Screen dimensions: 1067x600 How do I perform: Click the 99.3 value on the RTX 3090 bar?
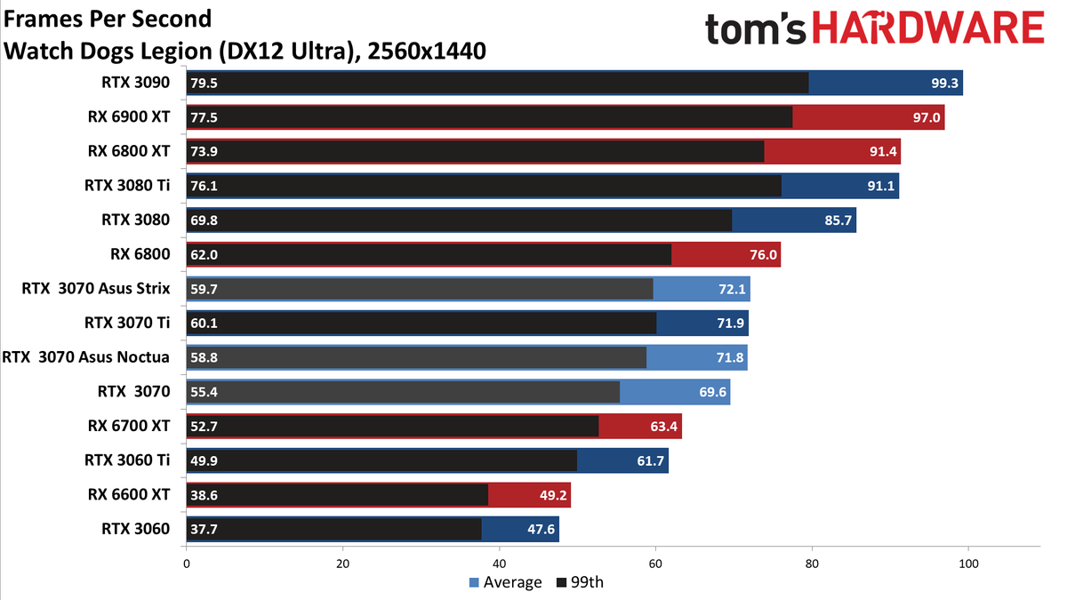944,84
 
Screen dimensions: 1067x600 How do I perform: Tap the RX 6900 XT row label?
129,116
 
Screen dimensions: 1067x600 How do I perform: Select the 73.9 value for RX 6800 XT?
204,151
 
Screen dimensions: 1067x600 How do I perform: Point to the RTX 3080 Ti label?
126,185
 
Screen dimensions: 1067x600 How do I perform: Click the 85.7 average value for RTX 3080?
838,220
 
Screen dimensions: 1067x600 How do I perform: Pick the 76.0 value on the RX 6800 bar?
763,255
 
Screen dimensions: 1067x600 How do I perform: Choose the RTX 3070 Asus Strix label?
96,289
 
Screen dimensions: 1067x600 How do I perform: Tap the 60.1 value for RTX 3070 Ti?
204,324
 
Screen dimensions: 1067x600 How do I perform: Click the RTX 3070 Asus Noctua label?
85,357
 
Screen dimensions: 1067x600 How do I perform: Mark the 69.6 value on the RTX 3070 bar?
712,392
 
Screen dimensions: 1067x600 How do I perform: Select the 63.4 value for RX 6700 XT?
663,426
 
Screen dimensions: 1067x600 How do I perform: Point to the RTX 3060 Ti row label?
126,460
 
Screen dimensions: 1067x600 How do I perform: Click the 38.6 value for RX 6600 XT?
204,495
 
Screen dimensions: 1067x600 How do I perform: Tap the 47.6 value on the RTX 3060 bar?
542,530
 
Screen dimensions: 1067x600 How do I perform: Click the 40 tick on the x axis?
499,564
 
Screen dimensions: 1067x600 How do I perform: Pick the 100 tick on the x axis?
968,564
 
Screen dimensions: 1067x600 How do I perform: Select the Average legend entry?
505,582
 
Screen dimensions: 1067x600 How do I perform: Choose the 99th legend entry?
580,582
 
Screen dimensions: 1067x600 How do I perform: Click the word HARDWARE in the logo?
928,28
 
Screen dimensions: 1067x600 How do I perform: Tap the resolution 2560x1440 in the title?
427,51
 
